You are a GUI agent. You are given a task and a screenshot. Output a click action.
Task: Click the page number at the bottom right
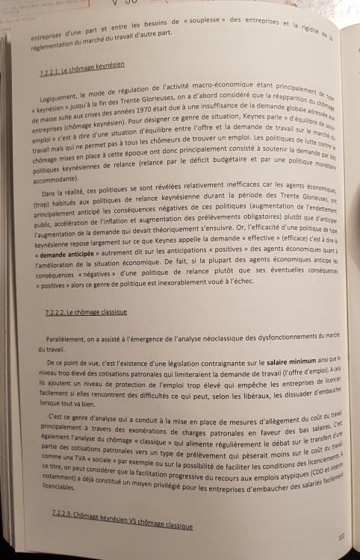341,535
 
